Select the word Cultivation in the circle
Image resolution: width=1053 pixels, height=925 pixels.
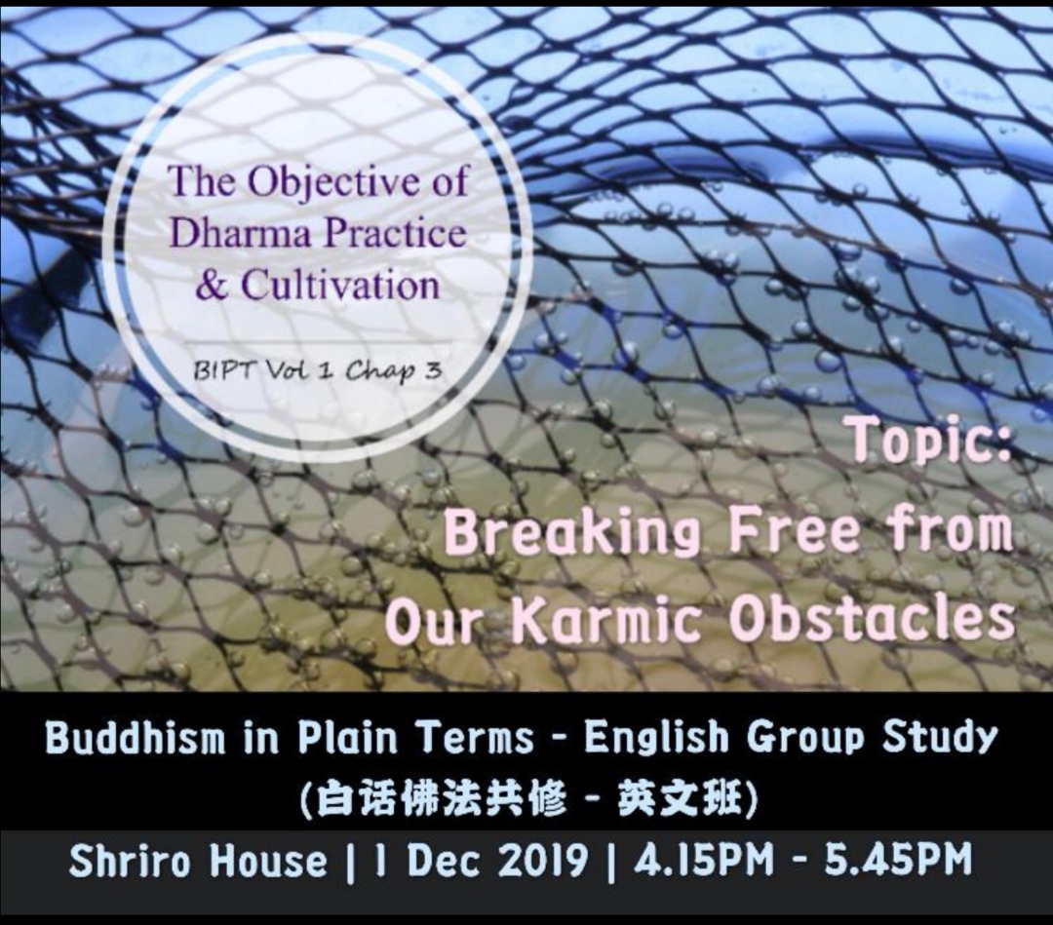coord(340,284)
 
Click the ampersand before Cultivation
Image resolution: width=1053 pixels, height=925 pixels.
coord(213,286)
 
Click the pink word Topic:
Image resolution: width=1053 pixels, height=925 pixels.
coord(931,441)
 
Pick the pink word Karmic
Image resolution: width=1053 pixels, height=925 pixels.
coord(607,620)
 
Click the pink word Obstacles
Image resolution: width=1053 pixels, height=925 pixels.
coord(872,618)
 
